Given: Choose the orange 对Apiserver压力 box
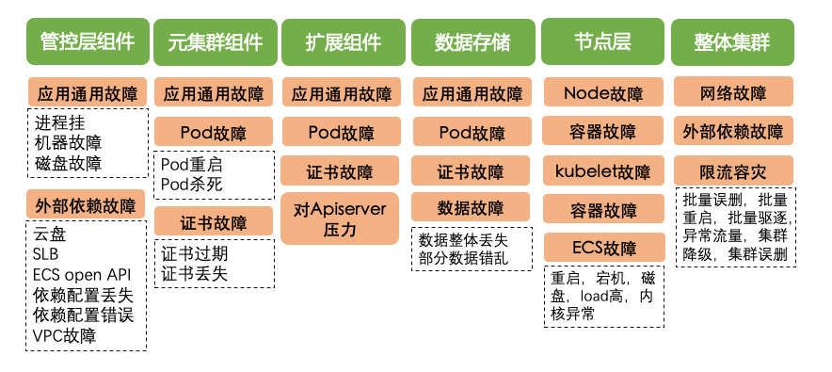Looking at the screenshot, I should point(342,218).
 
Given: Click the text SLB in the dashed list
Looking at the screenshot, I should point(45,253).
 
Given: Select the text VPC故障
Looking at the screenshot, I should point(63,334).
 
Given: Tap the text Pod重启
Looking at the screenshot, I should point(191,165).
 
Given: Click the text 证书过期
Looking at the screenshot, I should point(194,254).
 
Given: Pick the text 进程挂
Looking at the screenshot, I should point(59,122).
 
